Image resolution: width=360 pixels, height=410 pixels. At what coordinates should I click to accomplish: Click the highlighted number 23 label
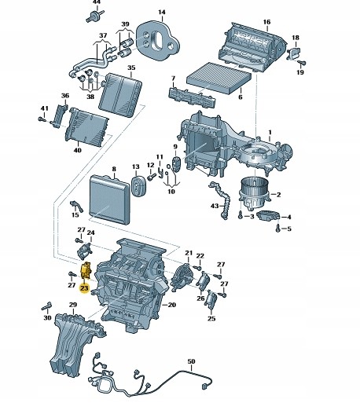tap(84, 289)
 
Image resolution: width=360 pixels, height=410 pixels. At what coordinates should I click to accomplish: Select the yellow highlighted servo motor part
tap(86, 273)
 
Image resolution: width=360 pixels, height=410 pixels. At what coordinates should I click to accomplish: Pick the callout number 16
tap(266, 22)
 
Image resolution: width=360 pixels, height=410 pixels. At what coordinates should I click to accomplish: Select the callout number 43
tap(213, 206)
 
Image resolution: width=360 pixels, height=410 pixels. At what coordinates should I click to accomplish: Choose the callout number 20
tap(171, 304)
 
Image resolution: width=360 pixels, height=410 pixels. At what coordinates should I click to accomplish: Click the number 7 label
tap(172, 78)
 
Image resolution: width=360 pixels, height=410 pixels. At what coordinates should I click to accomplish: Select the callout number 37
tap(101, 36)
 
